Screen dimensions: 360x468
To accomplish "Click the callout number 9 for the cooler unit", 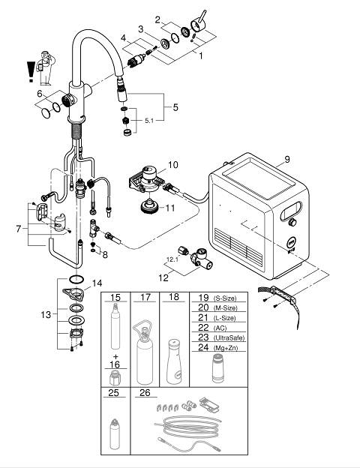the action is click(286, 160).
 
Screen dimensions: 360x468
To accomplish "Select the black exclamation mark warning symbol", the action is click(31, 72).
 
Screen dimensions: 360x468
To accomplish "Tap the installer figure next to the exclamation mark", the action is click(46, 68).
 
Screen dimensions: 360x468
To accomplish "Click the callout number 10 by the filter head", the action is click(172, 165).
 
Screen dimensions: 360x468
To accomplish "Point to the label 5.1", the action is click(149, 121).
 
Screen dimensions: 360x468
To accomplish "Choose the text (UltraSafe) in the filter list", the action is click(229, 337).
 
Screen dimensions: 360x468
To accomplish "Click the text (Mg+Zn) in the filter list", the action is click(226, 348).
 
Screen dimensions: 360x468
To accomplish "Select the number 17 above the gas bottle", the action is click(145, 297).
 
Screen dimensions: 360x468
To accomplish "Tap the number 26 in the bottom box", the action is click(145, 392).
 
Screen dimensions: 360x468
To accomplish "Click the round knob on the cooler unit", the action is click(292, 222).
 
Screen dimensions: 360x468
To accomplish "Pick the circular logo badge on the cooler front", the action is click(291, 243).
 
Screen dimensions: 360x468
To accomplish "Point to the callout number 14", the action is click(97, 283).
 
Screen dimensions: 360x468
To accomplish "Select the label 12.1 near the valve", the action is click(172, 259).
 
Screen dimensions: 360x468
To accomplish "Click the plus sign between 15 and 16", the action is click(115, 356).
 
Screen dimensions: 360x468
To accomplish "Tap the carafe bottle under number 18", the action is click(174, 361).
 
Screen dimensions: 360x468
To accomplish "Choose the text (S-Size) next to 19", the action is click(225, 298).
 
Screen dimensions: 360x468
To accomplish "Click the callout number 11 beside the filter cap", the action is click(169, 208).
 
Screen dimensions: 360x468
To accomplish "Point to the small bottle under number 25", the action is click(115, 433).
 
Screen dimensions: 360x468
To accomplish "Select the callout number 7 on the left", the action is click(19, 229).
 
